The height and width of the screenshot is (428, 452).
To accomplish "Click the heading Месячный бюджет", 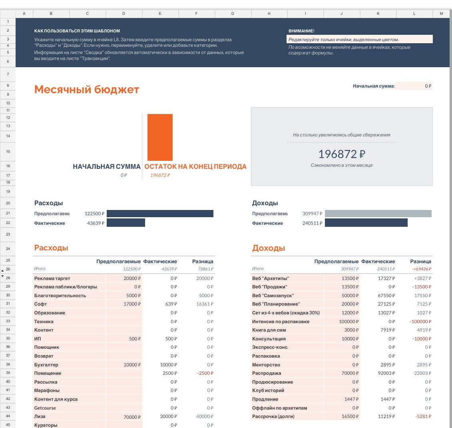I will point(86,89).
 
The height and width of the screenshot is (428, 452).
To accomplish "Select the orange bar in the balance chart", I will point(160,137).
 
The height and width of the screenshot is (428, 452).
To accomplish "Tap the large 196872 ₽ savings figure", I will point(341,154).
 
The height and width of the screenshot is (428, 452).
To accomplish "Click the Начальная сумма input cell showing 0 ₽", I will point(414,86).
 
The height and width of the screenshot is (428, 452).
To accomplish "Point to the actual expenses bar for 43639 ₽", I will point(126,223).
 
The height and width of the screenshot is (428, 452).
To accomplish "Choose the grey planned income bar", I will point(378,214).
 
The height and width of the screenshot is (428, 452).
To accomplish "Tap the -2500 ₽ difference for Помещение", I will point(205,373).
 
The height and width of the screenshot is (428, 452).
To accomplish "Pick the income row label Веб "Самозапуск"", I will point(273,296).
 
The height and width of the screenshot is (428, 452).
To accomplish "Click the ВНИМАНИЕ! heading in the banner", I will point(301,31).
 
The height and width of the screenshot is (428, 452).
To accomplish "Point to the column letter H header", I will point(269,14).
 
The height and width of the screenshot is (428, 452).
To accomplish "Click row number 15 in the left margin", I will point(8,152).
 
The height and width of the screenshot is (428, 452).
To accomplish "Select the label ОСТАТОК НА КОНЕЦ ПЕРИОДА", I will point(195,166).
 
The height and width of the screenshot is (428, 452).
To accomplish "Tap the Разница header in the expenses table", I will point(203,262).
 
